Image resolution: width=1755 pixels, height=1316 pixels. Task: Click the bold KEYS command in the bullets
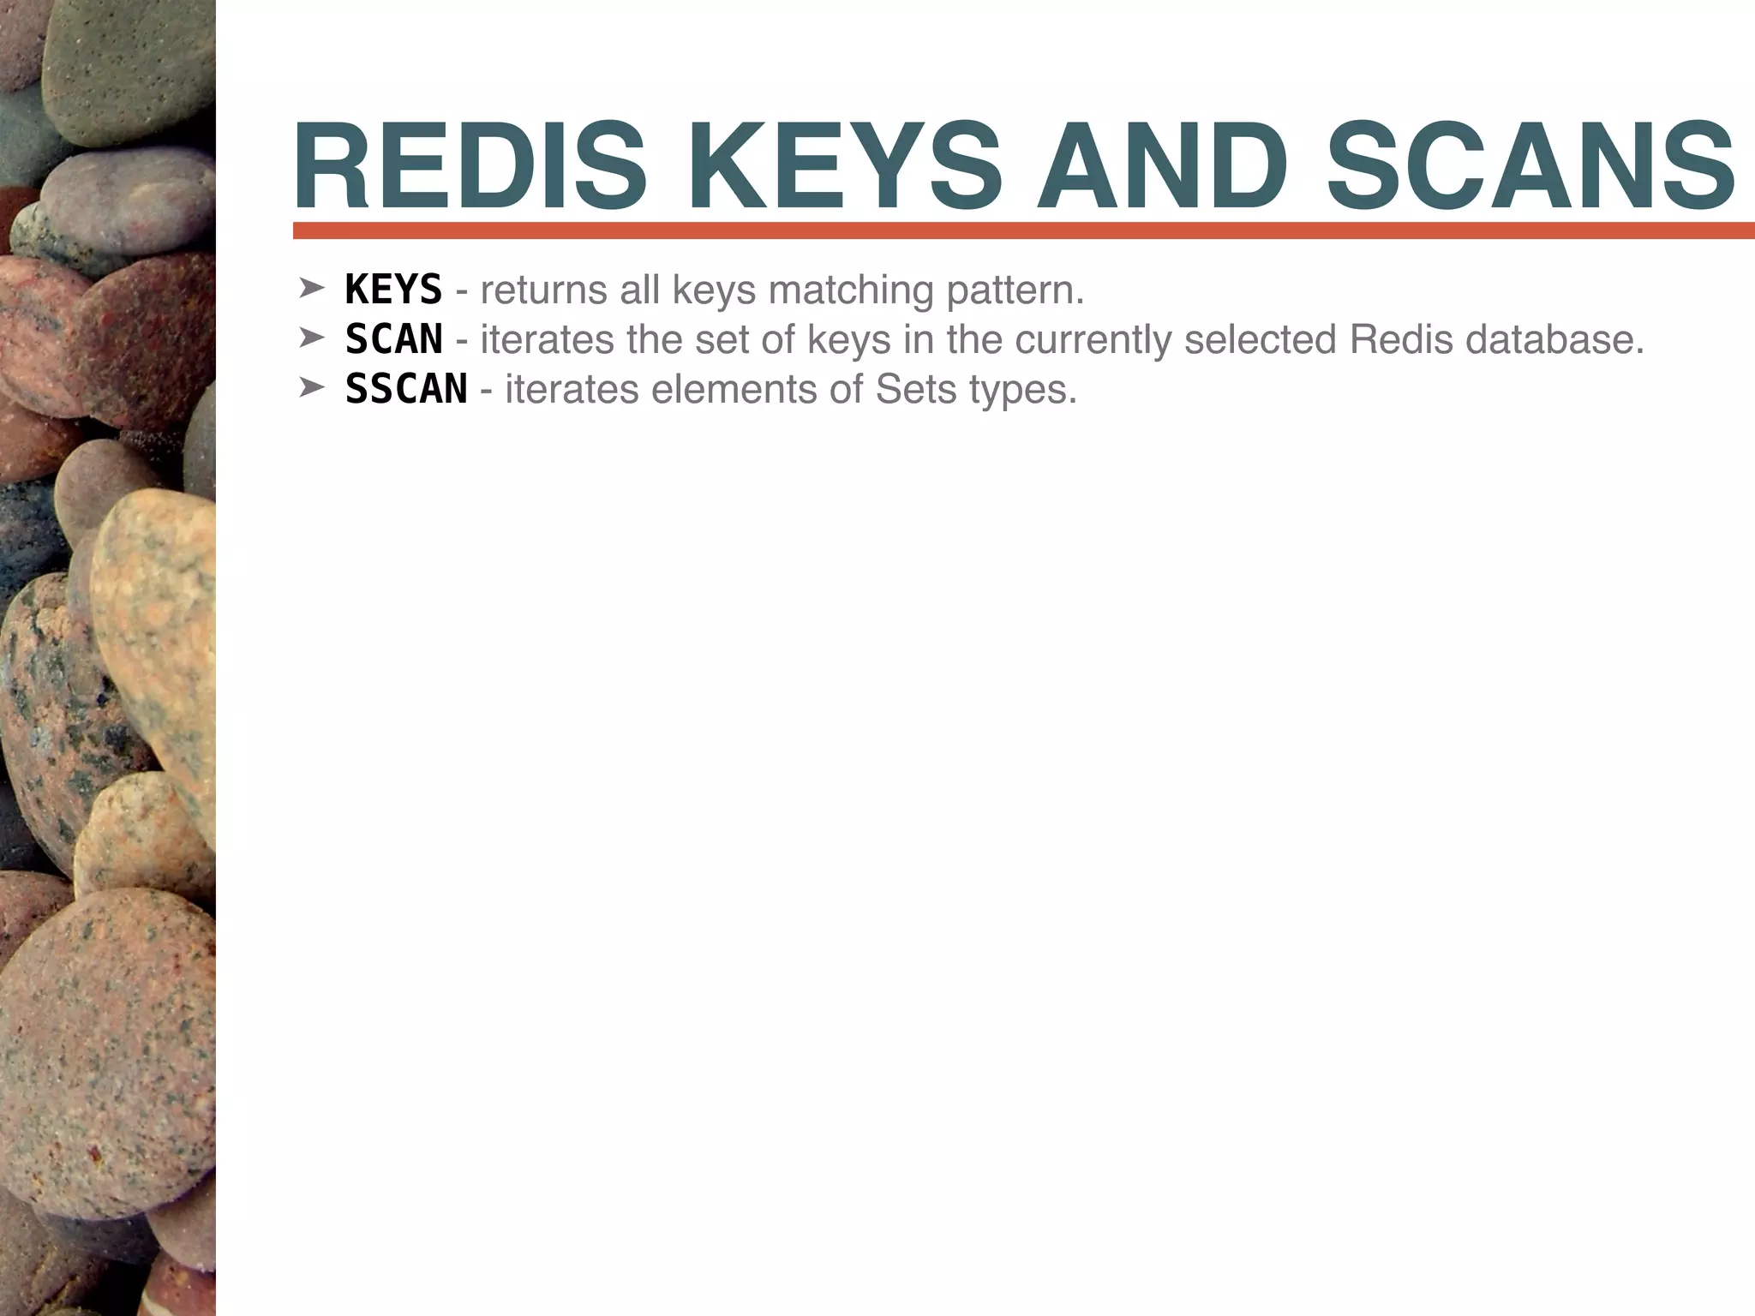click(393, 290)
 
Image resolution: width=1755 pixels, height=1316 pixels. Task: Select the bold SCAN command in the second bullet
click(393, 339)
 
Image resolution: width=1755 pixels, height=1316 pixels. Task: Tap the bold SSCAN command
click(405, 389)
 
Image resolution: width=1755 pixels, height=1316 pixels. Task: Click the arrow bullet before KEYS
click(310, 289)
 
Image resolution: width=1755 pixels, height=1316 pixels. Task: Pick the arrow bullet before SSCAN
click(310, 388)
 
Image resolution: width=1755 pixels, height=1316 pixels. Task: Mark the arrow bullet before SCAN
click(310, 338)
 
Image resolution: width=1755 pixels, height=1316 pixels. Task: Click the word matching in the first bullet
click(850, 291)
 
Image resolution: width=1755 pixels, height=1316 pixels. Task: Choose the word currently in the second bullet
click(1093, 341)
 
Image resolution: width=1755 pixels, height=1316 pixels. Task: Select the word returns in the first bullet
click(543, 291)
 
